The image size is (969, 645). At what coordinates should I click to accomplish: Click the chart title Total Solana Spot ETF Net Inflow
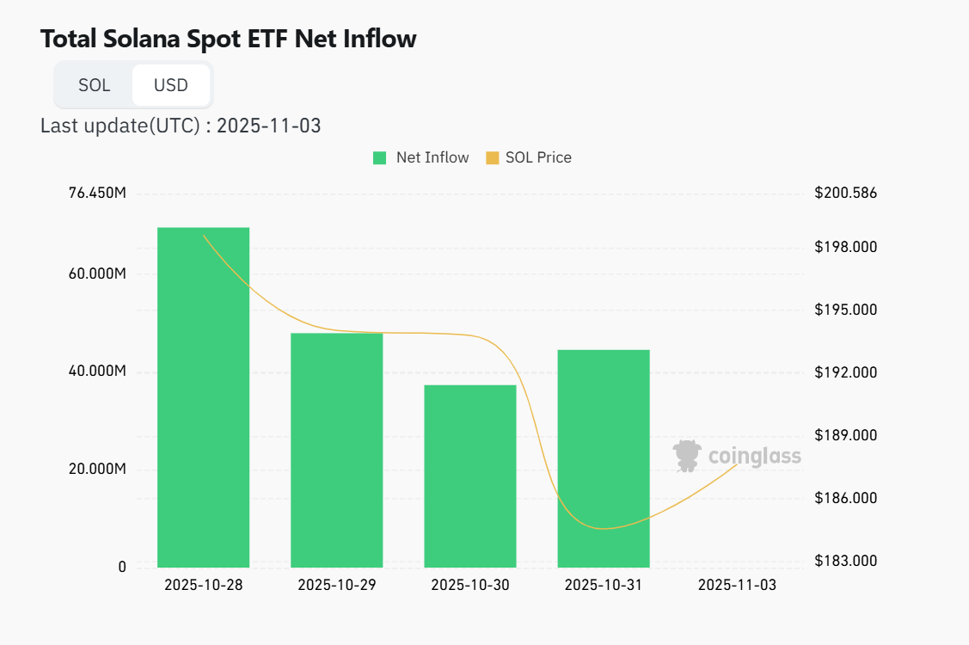tap(228, 39)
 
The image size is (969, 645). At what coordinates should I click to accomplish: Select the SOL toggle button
tap(94, 85)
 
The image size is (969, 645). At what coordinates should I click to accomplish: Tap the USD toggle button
tap(170, 85)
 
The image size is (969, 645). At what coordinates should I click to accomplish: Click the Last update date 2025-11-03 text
tap(268, 126)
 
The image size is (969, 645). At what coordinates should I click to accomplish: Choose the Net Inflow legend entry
tap(421, 157)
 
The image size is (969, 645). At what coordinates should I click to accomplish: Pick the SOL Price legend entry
tap(529, 157)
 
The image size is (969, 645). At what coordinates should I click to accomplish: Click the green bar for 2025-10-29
tap(336, 450)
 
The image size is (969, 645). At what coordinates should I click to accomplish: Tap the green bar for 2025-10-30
tap(469, 476)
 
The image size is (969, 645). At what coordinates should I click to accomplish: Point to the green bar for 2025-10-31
tap(603, 458)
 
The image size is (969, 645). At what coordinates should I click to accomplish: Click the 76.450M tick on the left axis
tap(97, 193)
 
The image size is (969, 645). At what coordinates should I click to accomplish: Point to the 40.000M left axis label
tap(97, 372)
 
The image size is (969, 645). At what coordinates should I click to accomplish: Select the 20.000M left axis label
tap(97, 470)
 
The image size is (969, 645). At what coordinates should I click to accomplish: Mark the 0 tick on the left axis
tap(122, 567)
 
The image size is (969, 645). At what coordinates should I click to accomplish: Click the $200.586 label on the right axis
tap(845, 193)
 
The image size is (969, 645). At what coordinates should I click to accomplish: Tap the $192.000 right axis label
tap(845, 372)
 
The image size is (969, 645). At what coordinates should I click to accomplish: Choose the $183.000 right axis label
tap(845, 561)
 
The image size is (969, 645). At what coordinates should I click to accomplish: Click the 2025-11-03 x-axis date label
tap(737, 585)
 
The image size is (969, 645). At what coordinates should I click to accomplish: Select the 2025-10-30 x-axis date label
tap(469, 585)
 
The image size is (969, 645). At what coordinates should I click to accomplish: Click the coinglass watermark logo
tap(737, 456)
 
